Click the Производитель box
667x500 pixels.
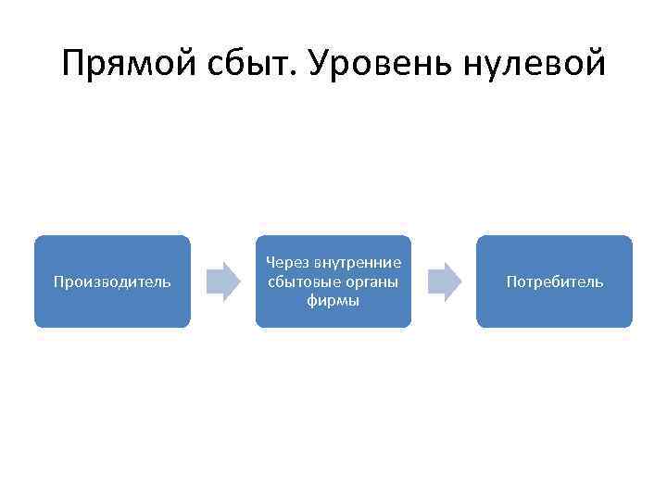112,281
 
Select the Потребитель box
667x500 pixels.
554,281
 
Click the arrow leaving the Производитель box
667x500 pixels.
222,281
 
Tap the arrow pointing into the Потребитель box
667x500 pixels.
444,281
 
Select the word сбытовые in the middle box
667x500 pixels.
299,281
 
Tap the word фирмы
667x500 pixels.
333,300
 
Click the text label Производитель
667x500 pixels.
112,281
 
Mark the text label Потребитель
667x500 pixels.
554,281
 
